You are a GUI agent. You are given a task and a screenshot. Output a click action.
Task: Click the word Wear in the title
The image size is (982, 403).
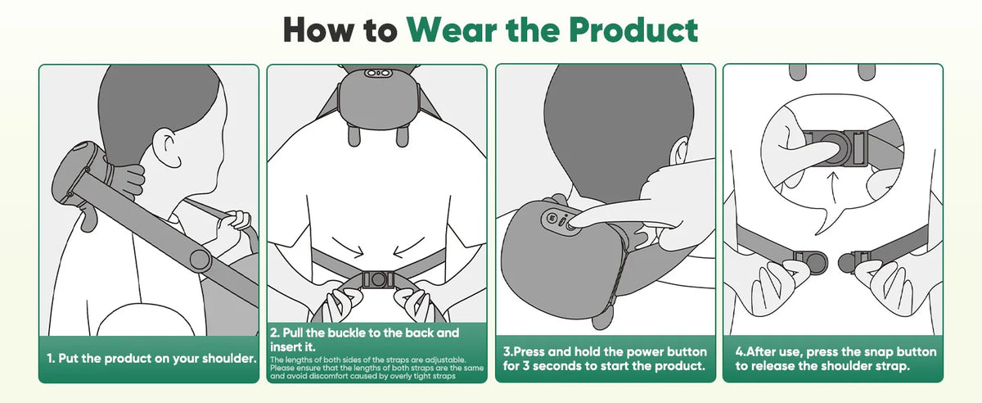click(452, 29)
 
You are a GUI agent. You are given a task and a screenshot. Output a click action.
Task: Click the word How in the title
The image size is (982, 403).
click(318, 29)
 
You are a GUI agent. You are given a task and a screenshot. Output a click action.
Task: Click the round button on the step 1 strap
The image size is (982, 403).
click(200, 260)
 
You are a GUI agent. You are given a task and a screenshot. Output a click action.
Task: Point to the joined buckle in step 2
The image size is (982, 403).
click(378, 279)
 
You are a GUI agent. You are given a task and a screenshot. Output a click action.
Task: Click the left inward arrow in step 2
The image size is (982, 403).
click(349, 247)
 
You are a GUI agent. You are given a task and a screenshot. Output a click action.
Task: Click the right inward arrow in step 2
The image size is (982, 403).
click(408, 247)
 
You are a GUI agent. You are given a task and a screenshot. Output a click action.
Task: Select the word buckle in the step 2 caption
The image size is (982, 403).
click(346, 333)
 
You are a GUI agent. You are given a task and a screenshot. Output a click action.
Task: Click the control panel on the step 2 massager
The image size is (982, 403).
click(378, 72)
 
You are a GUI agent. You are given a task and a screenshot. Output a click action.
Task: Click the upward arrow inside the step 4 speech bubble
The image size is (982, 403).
click(834, 188)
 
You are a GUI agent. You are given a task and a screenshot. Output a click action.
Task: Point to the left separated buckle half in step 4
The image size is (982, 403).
click(809, 261)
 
